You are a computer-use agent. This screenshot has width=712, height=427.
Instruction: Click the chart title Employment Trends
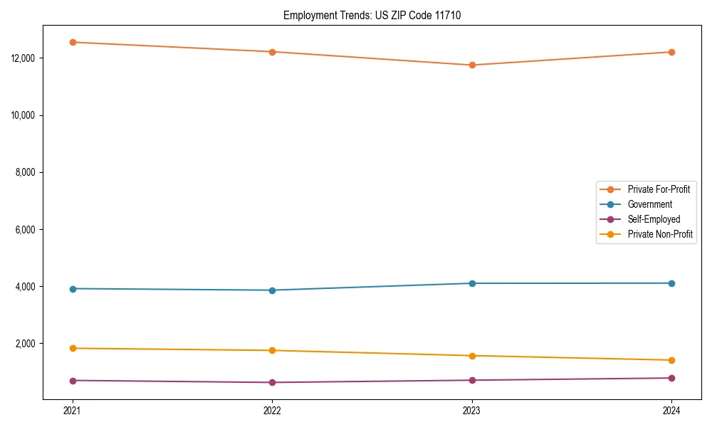click(372, 15)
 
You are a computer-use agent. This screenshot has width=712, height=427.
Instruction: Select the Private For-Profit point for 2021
click(72, 42)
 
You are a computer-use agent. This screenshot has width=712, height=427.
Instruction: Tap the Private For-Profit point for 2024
click(671, 52)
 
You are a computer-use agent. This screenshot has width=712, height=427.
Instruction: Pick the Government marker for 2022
click(272, 290)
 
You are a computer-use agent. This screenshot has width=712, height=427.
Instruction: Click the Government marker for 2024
click(671, 283)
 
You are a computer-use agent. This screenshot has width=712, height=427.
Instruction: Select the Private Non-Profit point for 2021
click(72, 348)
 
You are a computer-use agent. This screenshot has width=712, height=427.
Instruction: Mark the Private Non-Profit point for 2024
click(671, 360)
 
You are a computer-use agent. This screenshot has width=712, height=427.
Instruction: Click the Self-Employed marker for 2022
click(272, 382)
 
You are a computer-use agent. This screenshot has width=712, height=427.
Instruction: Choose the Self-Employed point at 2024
click(671, 378)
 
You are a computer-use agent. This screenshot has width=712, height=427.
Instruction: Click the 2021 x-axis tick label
click(72, 410)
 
